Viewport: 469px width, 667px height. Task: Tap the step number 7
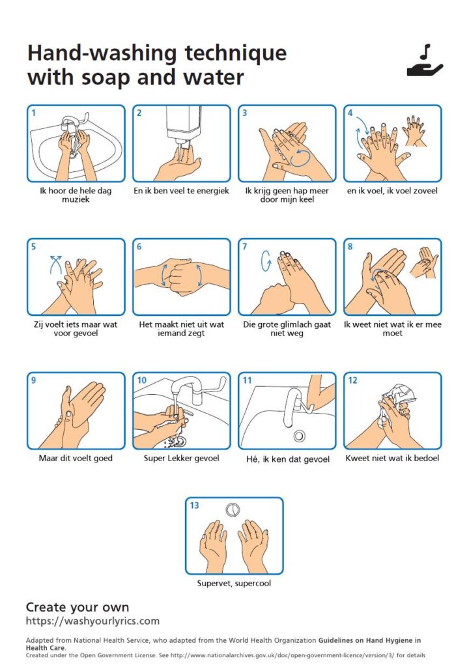(x=245, y=246)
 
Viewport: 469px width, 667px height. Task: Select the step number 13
(x=195, y=505)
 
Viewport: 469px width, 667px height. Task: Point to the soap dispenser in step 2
(x=184, y=126)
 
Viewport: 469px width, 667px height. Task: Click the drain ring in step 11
(x=299, y=436)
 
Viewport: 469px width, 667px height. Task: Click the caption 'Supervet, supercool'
(x=234, y=583)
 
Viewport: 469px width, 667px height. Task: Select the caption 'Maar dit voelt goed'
(x=76, y=458)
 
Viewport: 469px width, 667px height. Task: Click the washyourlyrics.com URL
(x=92, y=621)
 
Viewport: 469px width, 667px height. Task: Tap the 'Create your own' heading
(x=78, y=607)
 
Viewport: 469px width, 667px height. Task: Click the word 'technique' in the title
(x=236, y=54)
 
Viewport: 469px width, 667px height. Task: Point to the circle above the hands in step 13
(x=233, y=509)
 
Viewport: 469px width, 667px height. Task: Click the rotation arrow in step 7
(x=266, y=261)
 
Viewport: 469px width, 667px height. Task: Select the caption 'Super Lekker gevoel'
(x=181, y=458)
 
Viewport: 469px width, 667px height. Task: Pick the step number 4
(x=350, y=113)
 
